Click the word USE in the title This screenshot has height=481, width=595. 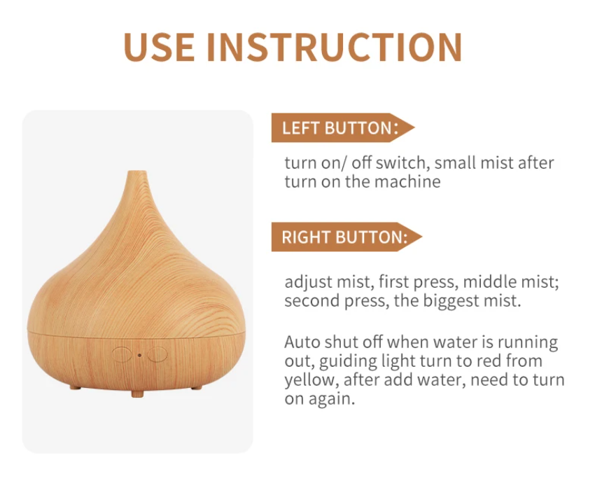(x=158, y=46)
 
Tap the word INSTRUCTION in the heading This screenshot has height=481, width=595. (x=334, y=46)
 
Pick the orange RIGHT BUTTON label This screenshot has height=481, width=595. (x=344, y=237)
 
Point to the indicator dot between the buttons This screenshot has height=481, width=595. (x=139, y=354)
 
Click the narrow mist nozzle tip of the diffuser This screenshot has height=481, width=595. (x=138, y=175)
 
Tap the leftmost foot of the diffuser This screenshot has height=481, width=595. (x=75, y=386)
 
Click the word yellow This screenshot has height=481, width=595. (x=308, y=381)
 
